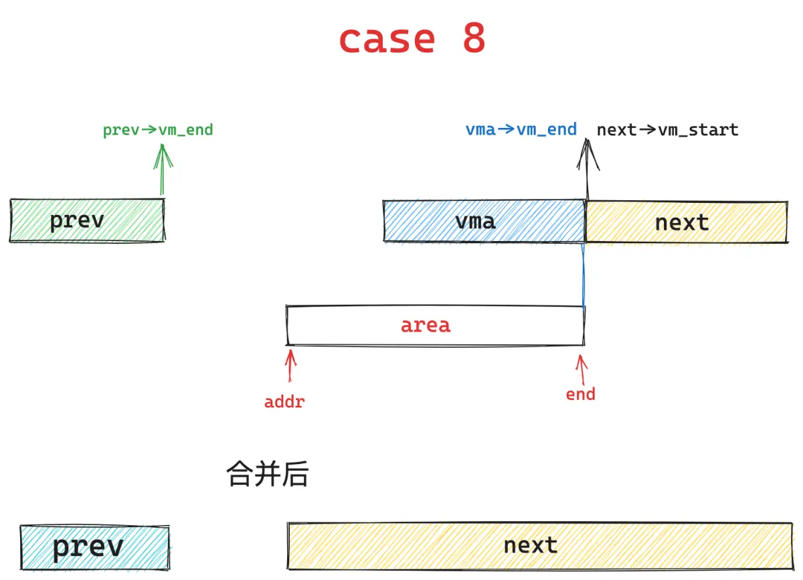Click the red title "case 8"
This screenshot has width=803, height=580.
[412, 38]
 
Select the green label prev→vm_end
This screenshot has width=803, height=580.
[158, 130]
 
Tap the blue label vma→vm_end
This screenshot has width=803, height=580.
[521, 129]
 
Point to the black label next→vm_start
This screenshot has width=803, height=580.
[668, 130]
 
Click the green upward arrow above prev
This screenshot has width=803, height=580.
[163, 169]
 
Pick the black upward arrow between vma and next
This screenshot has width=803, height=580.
[588, 169]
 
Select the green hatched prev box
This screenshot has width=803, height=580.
[87, 220]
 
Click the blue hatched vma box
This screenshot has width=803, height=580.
[484, 221]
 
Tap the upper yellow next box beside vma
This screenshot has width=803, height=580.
[687, 222]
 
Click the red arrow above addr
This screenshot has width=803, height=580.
[290, 365]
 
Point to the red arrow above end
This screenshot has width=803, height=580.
[582, 370]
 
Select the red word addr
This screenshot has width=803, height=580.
[284, 402]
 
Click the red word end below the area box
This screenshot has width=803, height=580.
[581, 394]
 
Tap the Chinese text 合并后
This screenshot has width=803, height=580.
[268, 474]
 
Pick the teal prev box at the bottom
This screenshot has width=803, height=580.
[95, 547]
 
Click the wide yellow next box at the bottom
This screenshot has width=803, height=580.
[541, 546]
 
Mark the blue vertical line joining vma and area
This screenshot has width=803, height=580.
[584, 275]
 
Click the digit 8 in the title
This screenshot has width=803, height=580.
[474, 38]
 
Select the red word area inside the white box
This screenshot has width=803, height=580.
[426, 325]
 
